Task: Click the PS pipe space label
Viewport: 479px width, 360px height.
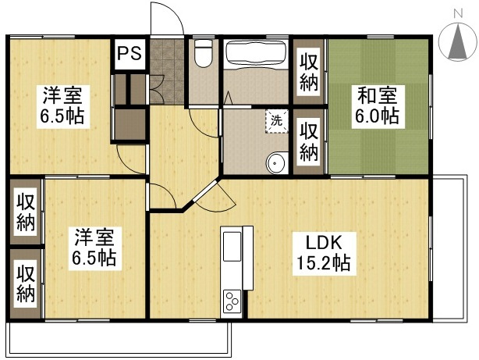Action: click(x=130, y=53)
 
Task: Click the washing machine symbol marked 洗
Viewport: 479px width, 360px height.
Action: click(x=277, y=121)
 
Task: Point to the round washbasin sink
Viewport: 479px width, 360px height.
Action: click(x=276, y=163)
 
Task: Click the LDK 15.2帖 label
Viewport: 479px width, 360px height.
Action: click(x=324, y=253)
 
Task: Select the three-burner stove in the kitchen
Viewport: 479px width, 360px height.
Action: click(x=231, y=300)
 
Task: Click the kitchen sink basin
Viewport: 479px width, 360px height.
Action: click(x=232, y=247)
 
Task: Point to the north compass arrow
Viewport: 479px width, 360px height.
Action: click(x=458, y=42)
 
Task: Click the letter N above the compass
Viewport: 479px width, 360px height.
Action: click(x=458, y=14)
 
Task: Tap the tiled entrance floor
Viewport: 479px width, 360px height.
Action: click(x=167, y=71)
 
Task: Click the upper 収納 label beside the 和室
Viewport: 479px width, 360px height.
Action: click(x=309, y=72)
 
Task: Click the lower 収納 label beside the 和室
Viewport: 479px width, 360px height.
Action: click(x=309, y=142)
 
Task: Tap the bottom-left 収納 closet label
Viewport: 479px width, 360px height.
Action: click(x=26, y=283)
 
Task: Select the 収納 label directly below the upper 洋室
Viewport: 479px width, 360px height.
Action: click(x=26, y=212)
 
